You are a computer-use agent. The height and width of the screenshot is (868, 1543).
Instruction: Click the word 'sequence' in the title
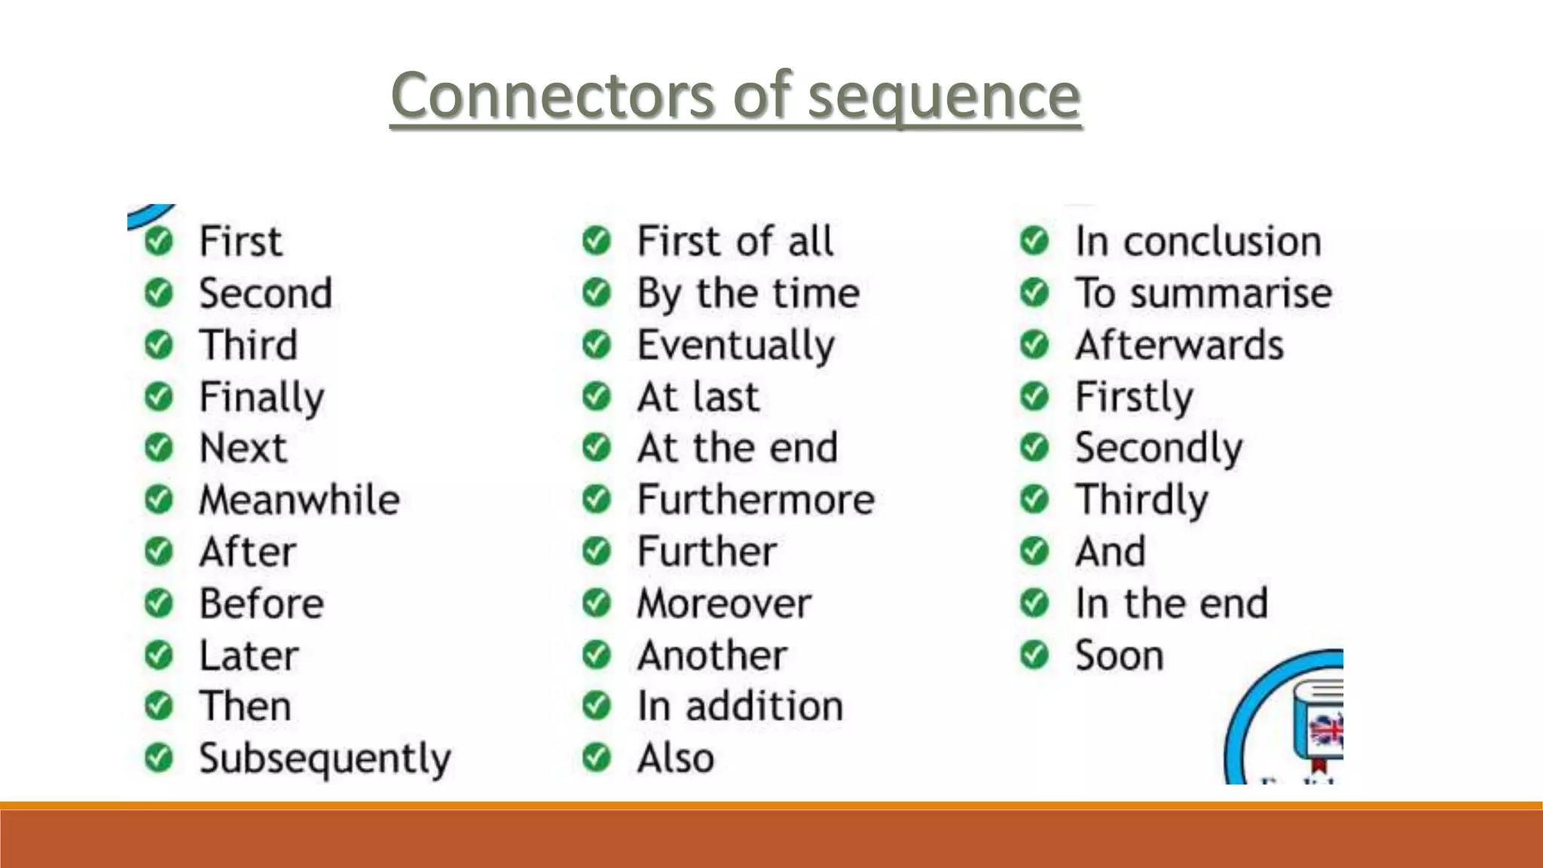click(944, 96)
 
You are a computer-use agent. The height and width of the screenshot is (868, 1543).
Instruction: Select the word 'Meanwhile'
click(299, 500)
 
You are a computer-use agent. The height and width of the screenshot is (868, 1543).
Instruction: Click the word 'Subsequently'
click(325, 759)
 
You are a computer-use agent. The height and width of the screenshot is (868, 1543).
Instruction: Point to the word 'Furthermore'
click(756, 500)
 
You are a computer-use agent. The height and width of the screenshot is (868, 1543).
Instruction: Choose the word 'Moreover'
click(724, 604)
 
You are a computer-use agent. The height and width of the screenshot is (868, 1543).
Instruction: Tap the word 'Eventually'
click(736, 346)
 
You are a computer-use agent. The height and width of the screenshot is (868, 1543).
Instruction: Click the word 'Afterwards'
click(1179, 346)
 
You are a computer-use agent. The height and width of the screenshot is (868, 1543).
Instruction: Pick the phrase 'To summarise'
click(1203, 293)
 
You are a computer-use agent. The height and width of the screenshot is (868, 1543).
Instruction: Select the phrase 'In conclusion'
click(1198, 242)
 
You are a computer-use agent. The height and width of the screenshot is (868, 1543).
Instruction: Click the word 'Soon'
click(1119, 656)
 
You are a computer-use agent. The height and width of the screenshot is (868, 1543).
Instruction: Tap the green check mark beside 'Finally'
click(159, 396)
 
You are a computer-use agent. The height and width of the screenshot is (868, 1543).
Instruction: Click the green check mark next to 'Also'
click(597, 758)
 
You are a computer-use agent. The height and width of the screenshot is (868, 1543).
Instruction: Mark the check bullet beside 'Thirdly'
click(1034, 500)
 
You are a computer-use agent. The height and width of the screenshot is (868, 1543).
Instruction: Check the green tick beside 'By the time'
click(597, 293)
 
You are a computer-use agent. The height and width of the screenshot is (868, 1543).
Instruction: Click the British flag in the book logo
click(1327, 730)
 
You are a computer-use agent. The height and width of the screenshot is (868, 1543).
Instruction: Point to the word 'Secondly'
click(1158, 448)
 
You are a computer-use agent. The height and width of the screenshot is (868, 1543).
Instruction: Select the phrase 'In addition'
click(740, 707)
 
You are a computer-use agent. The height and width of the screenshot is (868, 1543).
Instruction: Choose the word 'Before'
click(261, 604)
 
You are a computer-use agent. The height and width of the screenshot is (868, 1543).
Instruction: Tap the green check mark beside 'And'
click(1034, 552)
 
